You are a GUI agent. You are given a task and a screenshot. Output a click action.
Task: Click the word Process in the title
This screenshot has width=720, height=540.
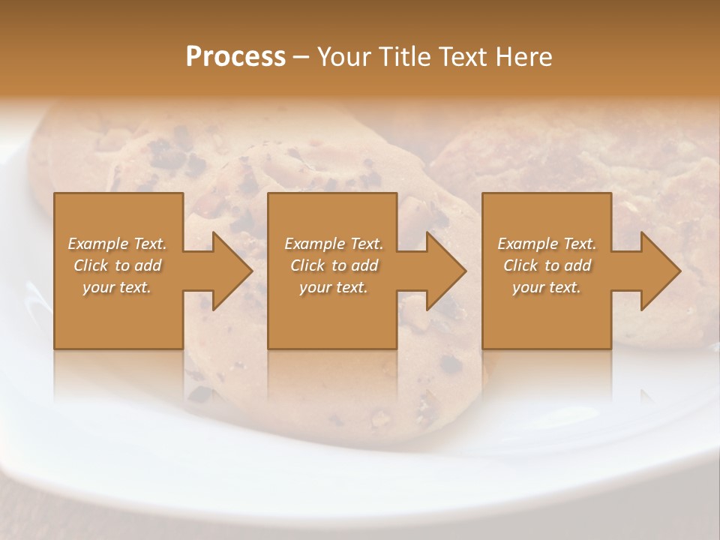point(235,57)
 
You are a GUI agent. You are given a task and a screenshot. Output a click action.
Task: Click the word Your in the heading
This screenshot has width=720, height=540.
point(342,57)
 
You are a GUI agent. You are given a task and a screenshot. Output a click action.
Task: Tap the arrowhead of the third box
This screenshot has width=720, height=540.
point(660,271)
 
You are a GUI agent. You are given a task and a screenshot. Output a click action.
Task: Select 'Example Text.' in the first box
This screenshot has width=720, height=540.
point(117,244)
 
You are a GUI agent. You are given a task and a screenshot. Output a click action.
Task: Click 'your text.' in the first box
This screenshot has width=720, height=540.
point(117,287)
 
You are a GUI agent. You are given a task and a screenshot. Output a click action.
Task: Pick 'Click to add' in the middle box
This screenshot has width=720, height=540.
point(334,265)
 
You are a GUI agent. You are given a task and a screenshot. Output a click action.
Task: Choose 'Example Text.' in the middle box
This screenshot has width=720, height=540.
point(334,244)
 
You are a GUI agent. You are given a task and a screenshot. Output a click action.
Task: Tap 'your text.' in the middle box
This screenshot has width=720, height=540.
point(334,287)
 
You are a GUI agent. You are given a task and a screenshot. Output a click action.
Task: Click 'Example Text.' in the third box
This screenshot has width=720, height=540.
point(547,244)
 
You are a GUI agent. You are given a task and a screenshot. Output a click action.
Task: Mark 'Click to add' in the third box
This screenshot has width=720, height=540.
point(547,265)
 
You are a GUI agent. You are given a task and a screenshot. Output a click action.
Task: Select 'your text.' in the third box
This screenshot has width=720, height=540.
point(547,287)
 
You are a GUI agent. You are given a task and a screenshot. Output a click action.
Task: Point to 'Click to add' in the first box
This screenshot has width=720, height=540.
point(117,265)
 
